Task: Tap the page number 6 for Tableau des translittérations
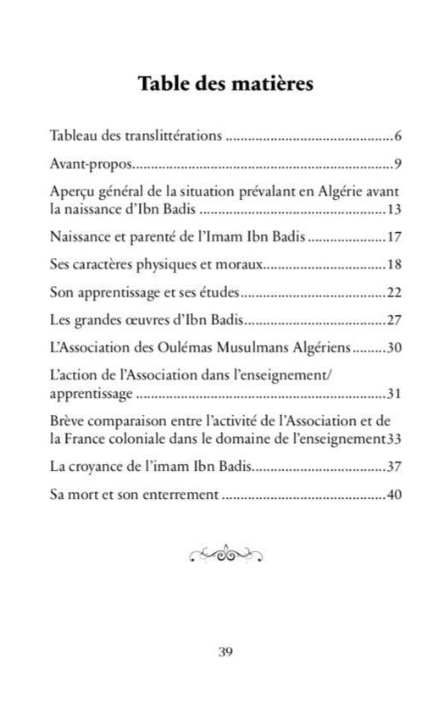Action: (x=397, y=136)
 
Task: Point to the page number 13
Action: (x=394, y=208)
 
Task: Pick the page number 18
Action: (x=394, y=264)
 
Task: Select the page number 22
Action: (x=394, y=293)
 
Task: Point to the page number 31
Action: (x=394, y=394)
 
